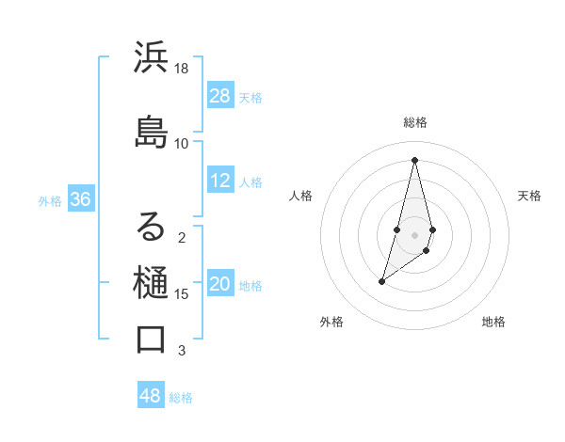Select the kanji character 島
[152, 131]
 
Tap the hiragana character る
[152, 227]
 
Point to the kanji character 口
[152, 339]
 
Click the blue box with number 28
[220, 96]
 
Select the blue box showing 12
[220, 182]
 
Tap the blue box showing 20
[220, 285]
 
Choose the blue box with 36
[80, 199]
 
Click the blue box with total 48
[151, 396]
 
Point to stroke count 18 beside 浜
[182, 69]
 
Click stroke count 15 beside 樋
[182, 294]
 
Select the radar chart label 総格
[414, 122]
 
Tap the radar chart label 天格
[529, 196]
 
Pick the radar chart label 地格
[493, 322]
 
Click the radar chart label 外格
[331, 322]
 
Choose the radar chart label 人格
[300, 196]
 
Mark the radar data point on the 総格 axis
[414, 159]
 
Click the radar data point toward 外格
[381, 281]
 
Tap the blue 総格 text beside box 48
[181, 397]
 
